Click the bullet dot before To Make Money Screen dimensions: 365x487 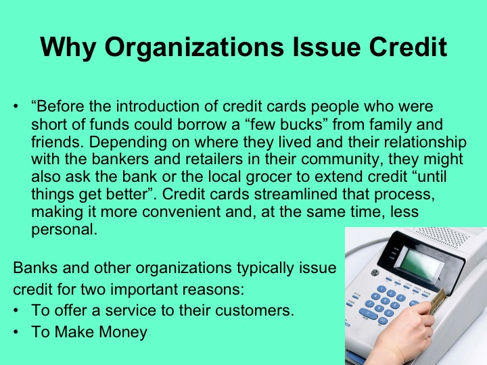(17, 332)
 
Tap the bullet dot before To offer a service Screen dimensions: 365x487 (17, 311)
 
